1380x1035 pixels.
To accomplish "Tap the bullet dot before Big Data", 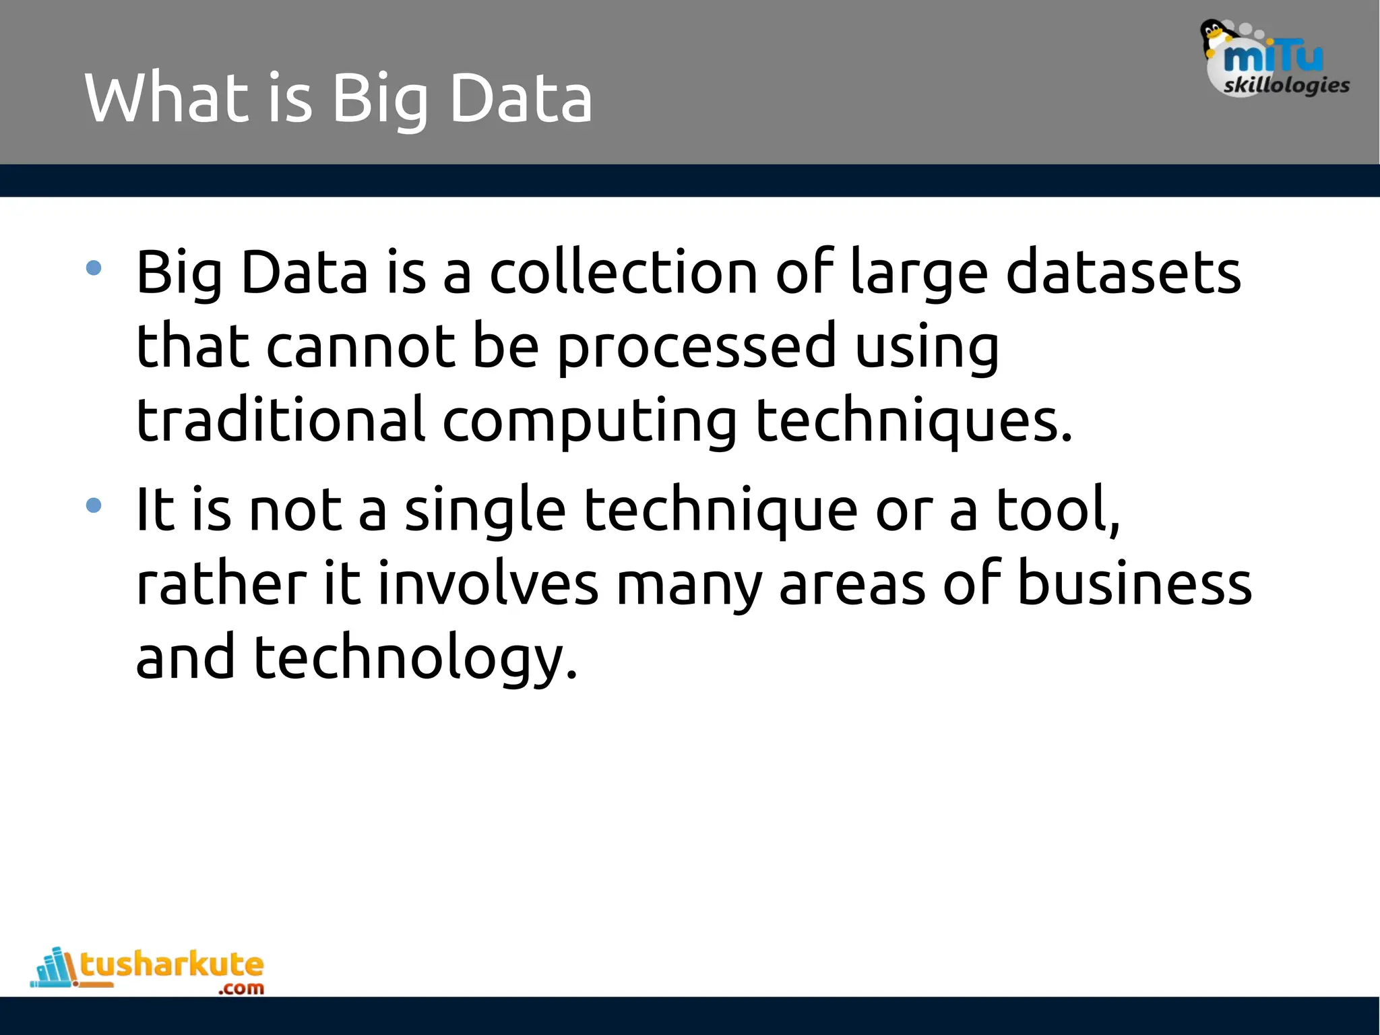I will (x=94, y=268).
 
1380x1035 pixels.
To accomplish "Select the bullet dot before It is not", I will (x=94, y=505).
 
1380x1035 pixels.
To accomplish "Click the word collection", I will (x=623, y=272).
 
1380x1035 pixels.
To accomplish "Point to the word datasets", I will (x=1123, y=272).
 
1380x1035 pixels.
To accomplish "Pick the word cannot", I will (x=360, y=346).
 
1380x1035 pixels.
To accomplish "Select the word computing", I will (x=590, y=422).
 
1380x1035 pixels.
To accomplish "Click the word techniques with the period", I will (x=913, y=422).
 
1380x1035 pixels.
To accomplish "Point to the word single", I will (x=485, y=511).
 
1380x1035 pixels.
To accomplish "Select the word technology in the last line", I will (x=415, y=658).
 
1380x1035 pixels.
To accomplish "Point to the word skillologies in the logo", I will (x=1286, y=85).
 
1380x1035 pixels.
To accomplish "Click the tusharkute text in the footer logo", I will (x=172, y=964).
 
